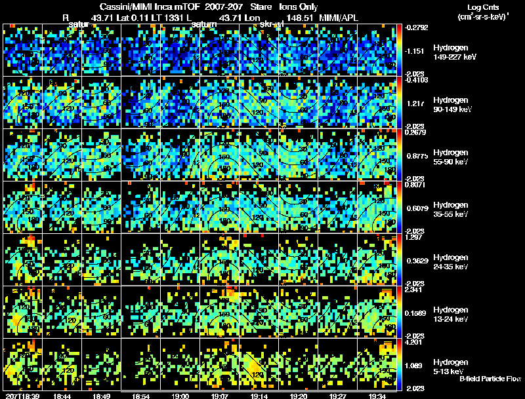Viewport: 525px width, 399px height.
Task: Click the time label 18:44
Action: point(62,396)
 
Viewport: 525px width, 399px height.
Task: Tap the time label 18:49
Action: point(101,396)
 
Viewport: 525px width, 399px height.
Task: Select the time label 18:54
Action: point(140,396)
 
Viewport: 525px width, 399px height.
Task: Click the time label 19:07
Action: point(219,396)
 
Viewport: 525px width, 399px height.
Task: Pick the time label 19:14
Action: point(259,396)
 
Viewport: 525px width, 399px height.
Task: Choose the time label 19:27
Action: point(337,396)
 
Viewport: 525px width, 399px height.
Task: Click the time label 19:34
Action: point(377,396)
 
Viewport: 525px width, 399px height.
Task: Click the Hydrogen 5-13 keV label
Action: point(450,366)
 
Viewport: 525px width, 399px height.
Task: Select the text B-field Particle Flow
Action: point(490,379)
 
